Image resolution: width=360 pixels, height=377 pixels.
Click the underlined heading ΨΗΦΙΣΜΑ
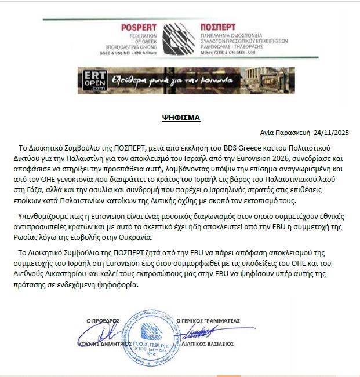[181, 117]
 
